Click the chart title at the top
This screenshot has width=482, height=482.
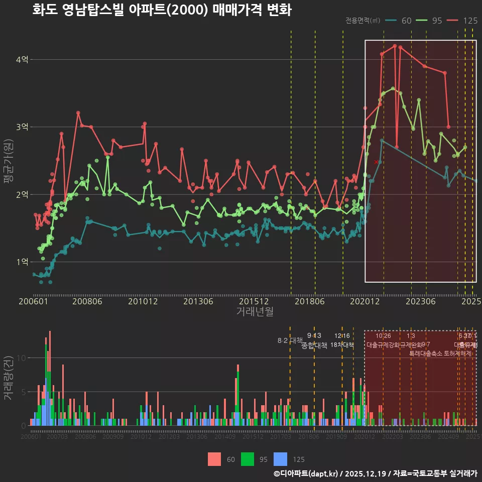162,10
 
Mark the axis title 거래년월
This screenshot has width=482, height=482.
255,312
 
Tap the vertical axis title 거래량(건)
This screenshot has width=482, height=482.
9,378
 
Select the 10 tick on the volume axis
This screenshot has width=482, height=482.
21,358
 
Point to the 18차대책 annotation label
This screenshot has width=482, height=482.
342,345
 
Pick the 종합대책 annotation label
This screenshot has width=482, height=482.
314,345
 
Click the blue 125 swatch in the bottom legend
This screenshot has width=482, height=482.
280,459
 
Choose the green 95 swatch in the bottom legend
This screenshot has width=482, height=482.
248,459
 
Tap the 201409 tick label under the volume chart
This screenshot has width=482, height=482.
225,437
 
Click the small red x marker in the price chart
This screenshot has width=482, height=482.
376,162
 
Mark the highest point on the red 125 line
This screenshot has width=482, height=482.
395,46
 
